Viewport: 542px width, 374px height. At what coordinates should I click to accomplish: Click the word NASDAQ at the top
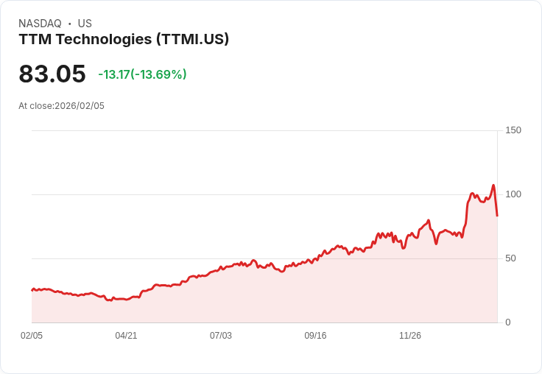[x=40, y=24]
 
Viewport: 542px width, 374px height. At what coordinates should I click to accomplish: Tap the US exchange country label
[x=85, y=24]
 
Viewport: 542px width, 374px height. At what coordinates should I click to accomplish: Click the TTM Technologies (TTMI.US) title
[x=124, y=39]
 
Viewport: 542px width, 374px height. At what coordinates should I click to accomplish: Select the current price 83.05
[x=52, y=74]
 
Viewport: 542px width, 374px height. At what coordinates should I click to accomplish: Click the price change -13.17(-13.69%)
[x=142, y=74]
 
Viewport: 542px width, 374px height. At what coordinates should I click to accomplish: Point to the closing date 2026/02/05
[x=80, y=106]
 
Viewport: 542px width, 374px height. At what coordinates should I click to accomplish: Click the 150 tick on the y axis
[x=513, y=130]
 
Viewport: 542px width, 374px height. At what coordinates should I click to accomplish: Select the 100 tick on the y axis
[x=513, y=194]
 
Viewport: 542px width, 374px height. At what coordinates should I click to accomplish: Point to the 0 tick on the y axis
[x=508, y=322]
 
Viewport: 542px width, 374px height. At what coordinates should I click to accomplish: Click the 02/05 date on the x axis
[x=32, y=336]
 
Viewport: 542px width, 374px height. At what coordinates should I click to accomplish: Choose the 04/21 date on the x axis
[x=126, y=336]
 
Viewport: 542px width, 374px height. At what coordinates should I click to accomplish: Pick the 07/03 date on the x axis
[x=221, y=336]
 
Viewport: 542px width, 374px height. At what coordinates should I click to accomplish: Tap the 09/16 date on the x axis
[x=315, y=336]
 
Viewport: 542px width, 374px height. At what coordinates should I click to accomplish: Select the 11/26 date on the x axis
[x=410, y=336]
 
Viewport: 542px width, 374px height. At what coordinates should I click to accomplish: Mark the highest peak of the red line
[x=493, y=186]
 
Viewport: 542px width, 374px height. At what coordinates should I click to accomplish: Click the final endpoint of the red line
[x=497, y=216]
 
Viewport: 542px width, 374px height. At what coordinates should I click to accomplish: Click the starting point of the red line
[x=32, y=290]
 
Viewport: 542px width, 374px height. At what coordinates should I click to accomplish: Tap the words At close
[x=35, y=106]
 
